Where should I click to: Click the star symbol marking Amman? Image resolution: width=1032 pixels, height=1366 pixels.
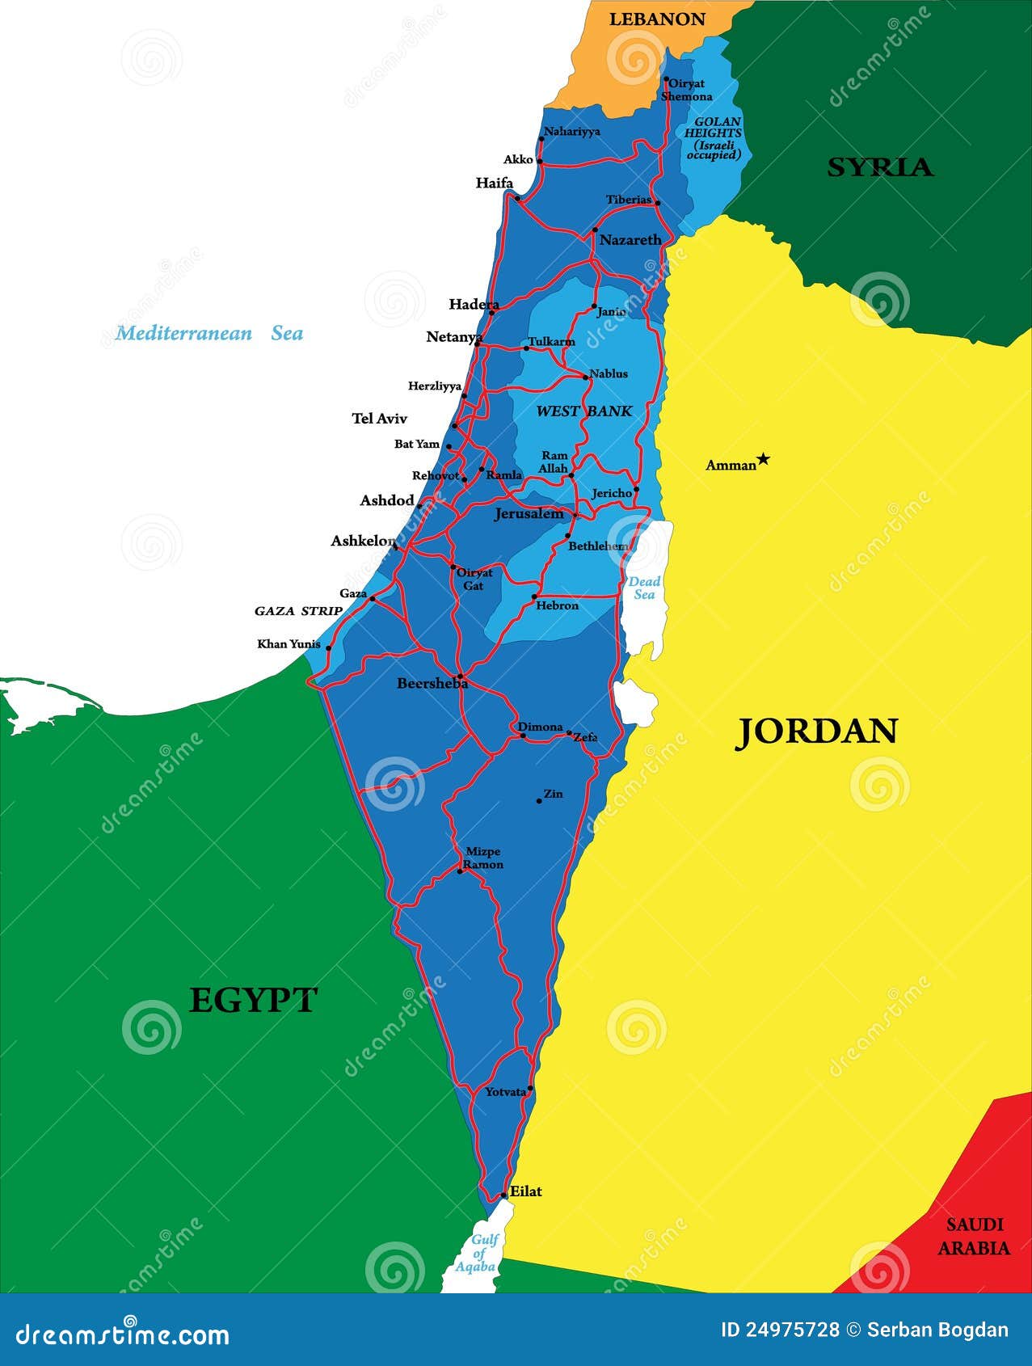tap(764, 459)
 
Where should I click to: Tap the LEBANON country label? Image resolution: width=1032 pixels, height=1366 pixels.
tap(656, 19)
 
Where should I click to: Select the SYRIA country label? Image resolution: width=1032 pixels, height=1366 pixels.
tap(880, 167)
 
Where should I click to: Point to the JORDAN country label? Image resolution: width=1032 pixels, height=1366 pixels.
tap(816, 731)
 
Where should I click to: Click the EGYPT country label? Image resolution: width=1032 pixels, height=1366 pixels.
tap(253, 1001)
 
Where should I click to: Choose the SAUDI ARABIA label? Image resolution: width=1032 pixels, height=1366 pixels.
tap(974, 1237)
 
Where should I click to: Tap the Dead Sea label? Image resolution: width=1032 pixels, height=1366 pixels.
tap(644, 588)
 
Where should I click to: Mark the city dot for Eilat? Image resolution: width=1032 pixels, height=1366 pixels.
tap(503, 1195)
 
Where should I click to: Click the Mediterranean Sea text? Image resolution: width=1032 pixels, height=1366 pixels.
tap(209, 333)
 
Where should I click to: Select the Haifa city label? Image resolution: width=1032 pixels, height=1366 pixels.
tap(494, 183)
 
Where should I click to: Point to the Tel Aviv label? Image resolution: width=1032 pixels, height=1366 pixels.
tap(379, 419)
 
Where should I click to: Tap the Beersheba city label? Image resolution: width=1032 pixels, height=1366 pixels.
tap(432, 684)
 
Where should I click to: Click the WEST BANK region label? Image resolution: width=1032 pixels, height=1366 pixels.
tap(584, 411)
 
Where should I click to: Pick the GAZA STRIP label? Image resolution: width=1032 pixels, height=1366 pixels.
tap(298, 611)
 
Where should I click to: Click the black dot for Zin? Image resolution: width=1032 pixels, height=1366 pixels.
tap(539, 801)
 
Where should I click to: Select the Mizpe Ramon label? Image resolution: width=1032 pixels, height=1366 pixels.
tap(483, 858)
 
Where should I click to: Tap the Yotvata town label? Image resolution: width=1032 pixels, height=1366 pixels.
tap(505, 1092)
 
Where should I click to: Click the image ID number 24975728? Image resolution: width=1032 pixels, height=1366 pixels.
tap(780, 1330)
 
